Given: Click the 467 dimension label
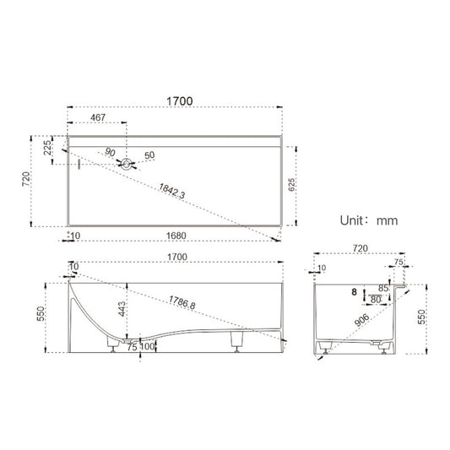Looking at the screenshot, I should coord(98,119).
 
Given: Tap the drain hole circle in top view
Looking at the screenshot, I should coord(127,165).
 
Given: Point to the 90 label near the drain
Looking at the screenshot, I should coord(111,152).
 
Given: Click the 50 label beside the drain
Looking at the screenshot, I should coord(149,156).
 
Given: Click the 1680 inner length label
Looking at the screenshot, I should coord(176,236).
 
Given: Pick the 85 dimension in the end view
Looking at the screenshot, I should coord(384,288).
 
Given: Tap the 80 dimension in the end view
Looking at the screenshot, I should coord(374,298).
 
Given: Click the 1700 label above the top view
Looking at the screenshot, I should coord(180,100).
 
